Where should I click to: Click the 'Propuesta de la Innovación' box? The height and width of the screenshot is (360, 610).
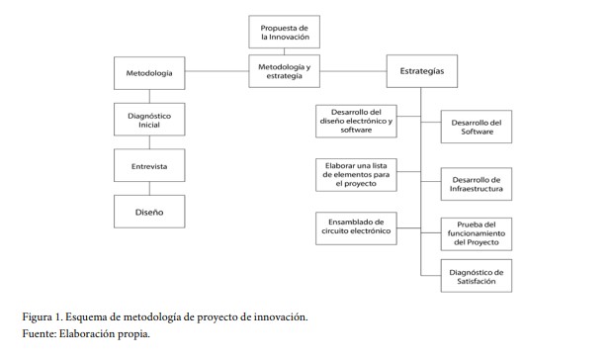click(x=285, y=32)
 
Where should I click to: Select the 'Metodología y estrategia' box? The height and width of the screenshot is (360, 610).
click(x=285, y=71)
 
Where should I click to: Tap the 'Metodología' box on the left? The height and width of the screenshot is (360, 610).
click(x=149, y=73)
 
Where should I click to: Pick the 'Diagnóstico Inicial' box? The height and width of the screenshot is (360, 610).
click(x=149, y=121)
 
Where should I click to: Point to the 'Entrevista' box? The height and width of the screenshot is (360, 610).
click(x=149, y=166)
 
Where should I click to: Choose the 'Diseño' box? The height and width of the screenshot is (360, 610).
click(x=149, y=212)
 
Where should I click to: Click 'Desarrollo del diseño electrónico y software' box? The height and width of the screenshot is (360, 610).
click(x=355, y=121)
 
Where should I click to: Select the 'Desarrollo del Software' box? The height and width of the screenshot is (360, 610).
click(x=476, y=127)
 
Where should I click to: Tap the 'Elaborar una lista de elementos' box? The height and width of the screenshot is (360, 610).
click(x=355, y=173)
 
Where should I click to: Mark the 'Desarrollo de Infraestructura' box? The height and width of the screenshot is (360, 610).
click(x=476, y=183)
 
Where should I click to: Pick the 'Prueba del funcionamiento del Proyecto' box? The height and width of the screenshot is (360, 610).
click(x=476, y=234)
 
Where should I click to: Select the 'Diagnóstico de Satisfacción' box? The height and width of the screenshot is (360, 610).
click(x=476, y=278)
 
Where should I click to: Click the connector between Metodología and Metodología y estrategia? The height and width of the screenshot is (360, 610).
click(x=216, y=73)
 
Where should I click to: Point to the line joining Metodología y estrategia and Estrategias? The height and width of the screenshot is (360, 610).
click(x=353, y=71)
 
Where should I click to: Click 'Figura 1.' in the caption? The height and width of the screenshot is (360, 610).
click(x=44, y=316)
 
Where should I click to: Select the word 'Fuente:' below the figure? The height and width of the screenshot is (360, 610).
click(x=42, y=334)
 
